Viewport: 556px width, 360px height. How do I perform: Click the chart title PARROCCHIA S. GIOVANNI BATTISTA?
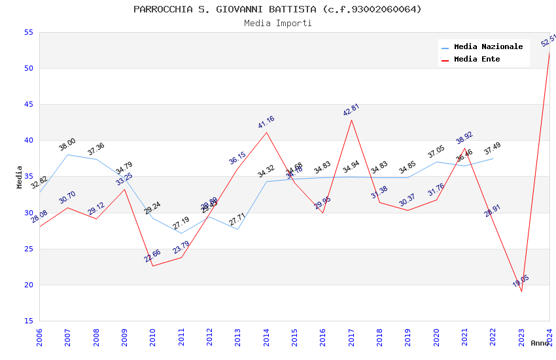click(277, 9)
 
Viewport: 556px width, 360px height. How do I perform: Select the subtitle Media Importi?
click(277, 24)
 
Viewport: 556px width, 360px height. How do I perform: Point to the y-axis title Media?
click(20, 177)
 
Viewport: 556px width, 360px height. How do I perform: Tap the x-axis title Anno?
click(540, 343)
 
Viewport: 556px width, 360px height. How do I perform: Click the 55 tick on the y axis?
click(27, 32)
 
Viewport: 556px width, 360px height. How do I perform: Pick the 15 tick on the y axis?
click(27, 321)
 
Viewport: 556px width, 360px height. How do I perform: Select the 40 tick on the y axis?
click(27, 140)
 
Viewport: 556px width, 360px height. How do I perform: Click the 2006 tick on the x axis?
click(39, 337)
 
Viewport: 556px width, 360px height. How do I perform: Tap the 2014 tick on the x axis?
click(266, 337)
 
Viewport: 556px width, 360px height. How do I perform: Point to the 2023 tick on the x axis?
click(521, 337)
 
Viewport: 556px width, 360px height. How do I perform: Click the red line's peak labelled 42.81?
click(351, 120)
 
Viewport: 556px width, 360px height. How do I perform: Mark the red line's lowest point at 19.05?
click(521, 291)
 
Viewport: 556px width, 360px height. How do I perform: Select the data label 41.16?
click(266, 122)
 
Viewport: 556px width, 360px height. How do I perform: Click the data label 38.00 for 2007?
click(67, 145)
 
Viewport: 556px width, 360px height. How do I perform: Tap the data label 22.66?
click(152, 256)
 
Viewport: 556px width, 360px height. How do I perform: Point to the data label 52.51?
click(549, 40)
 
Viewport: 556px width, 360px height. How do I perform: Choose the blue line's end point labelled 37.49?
click(493, 158)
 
